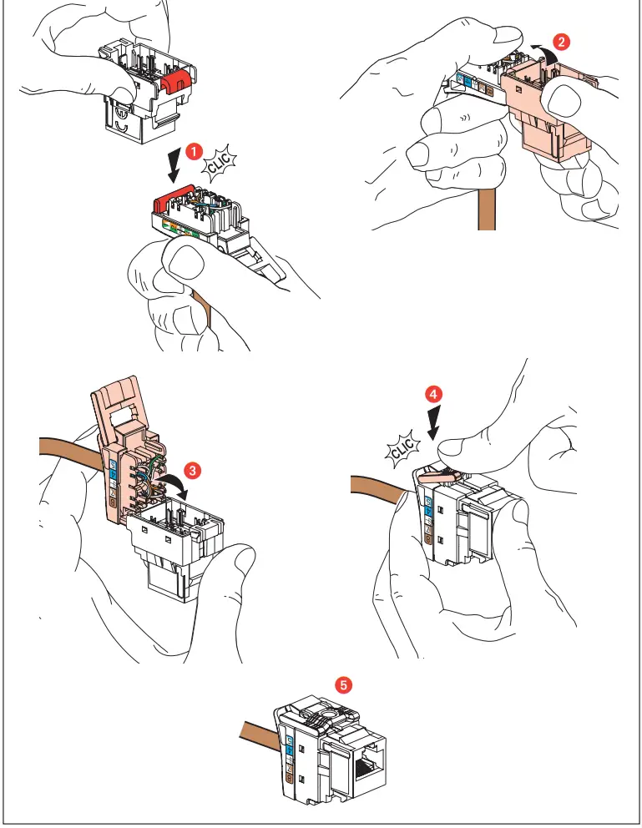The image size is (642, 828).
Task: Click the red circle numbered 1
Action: pos(193,151)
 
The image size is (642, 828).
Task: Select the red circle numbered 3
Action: pos(193,471)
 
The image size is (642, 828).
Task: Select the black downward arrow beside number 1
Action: pos(174,164)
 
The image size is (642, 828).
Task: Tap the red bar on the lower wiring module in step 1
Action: pos(172,199)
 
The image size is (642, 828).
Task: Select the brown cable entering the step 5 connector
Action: pos(255,736)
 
